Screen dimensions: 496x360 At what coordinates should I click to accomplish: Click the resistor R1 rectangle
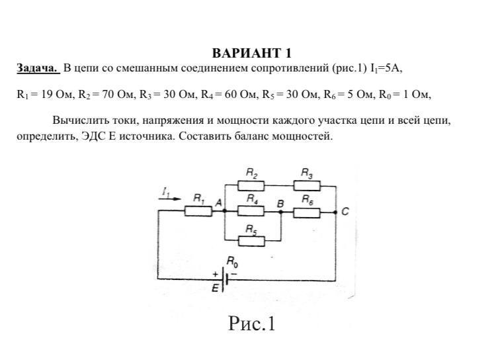tap(198, 211)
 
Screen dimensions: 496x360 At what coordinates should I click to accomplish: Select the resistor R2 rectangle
tap(251, 185)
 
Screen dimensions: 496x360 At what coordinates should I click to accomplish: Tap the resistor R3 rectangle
tap(307, 185)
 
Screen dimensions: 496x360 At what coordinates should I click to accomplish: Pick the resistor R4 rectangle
tap(251, 211)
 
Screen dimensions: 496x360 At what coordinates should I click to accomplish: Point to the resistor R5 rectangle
tap(251, 242)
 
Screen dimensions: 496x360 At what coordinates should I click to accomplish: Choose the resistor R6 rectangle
tap(307, 213)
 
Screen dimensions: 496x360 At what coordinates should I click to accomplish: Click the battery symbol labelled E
tap(225, 279)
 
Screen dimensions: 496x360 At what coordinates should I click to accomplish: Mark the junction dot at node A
tap(224, 211)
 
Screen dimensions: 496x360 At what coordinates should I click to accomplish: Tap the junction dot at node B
tap(280, 211)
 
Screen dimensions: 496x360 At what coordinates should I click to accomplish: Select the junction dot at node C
tap(335, 212)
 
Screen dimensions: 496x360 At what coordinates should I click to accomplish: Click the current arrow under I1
tap(170, 199)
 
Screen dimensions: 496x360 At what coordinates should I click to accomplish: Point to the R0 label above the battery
tap(233, 262)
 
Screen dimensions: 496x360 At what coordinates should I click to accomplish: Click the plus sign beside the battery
tap(216, 274)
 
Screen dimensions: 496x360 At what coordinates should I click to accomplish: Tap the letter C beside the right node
tap(345, 212)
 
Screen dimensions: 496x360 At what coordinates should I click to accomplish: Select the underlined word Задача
tap(38, 67)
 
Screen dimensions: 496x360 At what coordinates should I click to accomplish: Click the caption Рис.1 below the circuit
tap(252, 323)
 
